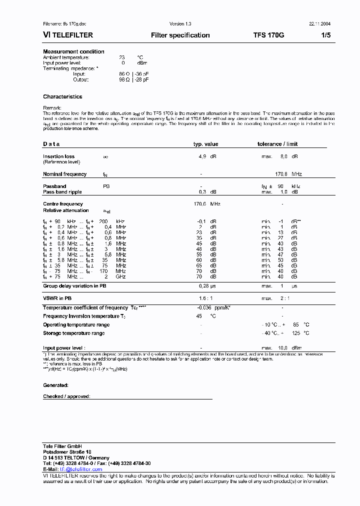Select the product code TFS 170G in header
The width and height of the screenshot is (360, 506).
(268, 35)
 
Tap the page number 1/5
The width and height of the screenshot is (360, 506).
(325, 35)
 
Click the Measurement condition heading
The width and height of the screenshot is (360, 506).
(73, 51)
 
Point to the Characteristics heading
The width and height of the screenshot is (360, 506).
(62, 96)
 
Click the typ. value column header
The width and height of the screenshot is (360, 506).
(205, 144)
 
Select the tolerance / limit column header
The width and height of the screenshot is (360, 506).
(277, 144)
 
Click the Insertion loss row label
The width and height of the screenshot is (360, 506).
(58, 156)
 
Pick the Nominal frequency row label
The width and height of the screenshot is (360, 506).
(64, 174)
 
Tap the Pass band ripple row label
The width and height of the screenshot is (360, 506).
(62, 192)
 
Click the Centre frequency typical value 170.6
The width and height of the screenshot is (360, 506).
(200, 204)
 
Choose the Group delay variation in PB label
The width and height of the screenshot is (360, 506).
(74, 286)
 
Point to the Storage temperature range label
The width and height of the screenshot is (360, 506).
(73, 333)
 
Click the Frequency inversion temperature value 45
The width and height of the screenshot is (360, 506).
(199, 316)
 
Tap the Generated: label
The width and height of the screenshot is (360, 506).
(55, 385)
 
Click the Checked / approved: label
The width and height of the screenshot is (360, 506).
(66, 396)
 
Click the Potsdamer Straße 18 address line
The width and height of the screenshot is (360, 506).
(67, 451)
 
